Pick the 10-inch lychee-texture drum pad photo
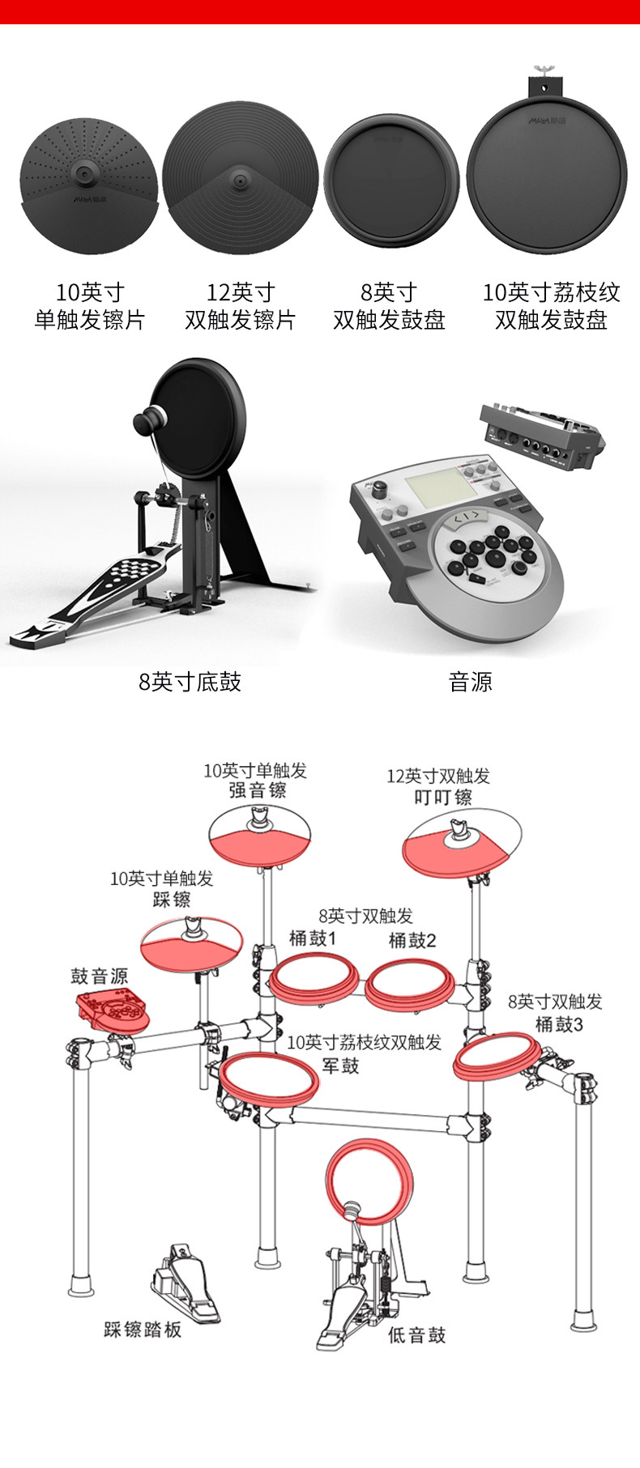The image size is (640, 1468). click(548, 175)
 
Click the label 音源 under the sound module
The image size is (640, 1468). click(470, 682)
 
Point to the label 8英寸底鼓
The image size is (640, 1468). click(190, 682)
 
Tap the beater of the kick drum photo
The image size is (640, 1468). click(149, 421)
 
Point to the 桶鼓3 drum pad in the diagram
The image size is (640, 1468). click(497, 1056)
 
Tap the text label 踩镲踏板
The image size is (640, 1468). click(143, 1329)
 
